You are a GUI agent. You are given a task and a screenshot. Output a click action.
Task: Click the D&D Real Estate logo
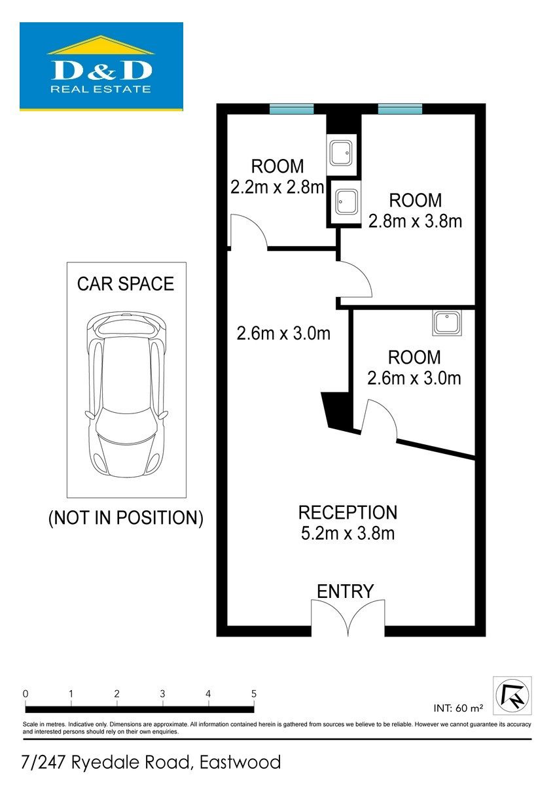[101, 67]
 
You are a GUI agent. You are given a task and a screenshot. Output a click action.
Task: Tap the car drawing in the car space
[126, 394]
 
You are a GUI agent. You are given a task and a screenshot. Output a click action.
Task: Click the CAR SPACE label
[126, 284]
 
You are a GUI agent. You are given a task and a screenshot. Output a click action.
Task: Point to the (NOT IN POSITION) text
[126, 517]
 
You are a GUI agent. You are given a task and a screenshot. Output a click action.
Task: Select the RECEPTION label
[348, 512]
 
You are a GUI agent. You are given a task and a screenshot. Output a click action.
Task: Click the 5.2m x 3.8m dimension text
[348, 533]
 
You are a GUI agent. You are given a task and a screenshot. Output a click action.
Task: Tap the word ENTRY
[346, 591]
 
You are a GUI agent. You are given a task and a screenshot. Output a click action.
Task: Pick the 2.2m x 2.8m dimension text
[277, 187]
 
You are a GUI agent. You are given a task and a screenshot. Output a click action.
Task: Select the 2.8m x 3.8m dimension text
[415, 221]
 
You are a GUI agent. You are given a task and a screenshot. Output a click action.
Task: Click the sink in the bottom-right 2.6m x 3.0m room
[447, 323]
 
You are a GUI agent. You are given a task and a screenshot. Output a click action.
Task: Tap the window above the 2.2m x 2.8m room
[291, 109]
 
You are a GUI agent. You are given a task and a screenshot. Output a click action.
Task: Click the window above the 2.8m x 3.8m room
[400, 109]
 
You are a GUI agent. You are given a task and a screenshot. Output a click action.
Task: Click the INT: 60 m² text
[458, 708]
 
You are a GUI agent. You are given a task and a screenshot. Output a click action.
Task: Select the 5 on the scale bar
[254, 693]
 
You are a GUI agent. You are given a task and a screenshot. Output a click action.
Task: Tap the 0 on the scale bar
[26, 693]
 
